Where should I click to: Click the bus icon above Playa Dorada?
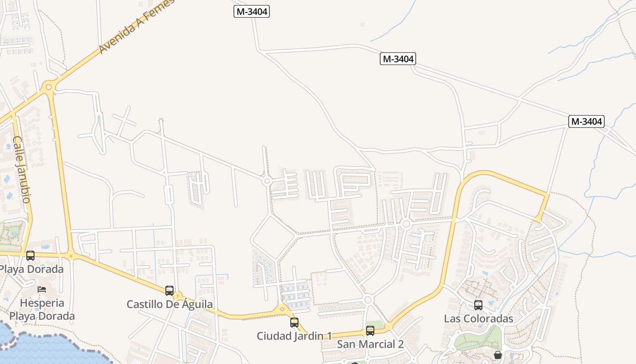pos(30,255)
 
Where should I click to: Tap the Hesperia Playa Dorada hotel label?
pos(42,309)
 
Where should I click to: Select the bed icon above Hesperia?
pos(42,289)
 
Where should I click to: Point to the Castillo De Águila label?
pos(169,304)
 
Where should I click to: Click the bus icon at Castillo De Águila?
pos(169,290)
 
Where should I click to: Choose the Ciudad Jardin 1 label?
pos(294,336)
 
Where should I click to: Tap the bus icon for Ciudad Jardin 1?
pos(294,323)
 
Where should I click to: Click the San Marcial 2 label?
pos(370,344)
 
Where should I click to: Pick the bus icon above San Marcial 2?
pos(370,331)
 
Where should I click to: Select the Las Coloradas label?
pos(478,318)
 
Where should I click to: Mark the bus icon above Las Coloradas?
pos(478,305)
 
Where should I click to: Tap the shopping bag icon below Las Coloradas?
pos(498,354)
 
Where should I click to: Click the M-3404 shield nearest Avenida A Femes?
pos(252,11)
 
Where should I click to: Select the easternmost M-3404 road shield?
pos(586,121)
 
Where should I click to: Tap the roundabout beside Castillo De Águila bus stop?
pos(178,296)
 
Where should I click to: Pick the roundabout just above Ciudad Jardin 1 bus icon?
pos(282,309)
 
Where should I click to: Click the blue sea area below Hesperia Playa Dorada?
pos(41,350)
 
